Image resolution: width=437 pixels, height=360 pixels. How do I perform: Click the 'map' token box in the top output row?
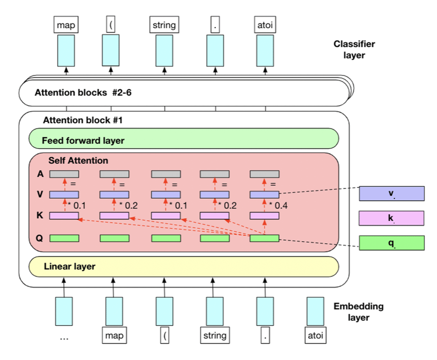point(66,25)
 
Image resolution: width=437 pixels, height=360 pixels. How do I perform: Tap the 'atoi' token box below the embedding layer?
point(316,335)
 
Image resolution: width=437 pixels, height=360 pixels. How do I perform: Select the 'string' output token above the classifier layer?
point(164,25)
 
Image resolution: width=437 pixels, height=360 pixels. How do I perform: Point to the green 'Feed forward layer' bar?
point(184,138)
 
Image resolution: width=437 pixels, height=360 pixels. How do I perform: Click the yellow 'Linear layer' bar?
point(184,267)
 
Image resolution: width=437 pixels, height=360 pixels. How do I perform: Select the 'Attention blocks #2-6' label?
point(83,92)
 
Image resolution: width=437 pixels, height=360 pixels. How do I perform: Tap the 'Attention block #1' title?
point(83,120)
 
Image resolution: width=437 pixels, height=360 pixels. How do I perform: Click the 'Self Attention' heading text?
point(78,160)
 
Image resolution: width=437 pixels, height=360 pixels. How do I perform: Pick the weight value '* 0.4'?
point(279,205)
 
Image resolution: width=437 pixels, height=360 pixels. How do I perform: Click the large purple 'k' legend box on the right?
point(392,218)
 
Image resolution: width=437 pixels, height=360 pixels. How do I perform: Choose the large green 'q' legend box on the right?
point(392,243)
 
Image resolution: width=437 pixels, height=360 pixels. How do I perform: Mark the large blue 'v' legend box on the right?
point(392,194)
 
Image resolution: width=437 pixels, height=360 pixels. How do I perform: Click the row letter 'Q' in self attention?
point(39,238)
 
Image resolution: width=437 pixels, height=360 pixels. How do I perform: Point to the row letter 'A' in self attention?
point(41,174)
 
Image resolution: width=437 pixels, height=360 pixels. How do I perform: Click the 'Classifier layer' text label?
point(354,50)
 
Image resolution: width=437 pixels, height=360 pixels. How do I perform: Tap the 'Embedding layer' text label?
point(358,312)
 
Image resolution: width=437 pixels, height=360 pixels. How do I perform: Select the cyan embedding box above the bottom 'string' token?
point(214,311)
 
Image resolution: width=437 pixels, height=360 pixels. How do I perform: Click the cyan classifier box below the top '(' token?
point(111,50)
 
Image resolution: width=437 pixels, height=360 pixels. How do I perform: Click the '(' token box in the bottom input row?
point(165,335)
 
